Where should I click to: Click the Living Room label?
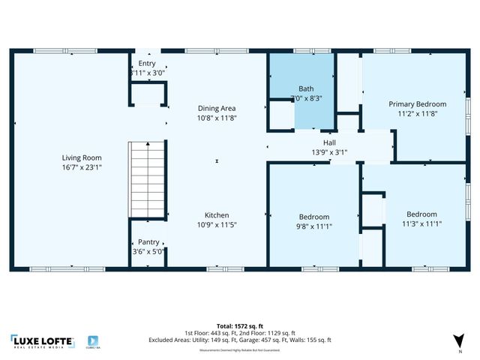[82, 157]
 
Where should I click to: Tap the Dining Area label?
[217, 108]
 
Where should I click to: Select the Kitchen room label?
[217, 215]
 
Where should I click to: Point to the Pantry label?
[148, 242]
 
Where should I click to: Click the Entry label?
[147, 64]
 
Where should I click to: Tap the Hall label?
[329, 142]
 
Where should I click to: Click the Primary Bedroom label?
[417, 104]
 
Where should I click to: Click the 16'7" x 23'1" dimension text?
[82, 167]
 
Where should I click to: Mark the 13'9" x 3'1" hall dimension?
[329, 152]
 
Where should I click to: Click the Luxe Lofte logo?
[42, 341]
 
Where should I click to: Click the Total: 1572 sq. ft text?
[240, 325]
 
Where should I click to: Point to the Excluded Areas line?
[240, 340]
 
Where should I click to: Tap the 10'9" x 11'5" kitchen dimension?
[217, 224]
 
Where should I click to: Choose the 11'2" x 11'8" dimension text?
[417, 114]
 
